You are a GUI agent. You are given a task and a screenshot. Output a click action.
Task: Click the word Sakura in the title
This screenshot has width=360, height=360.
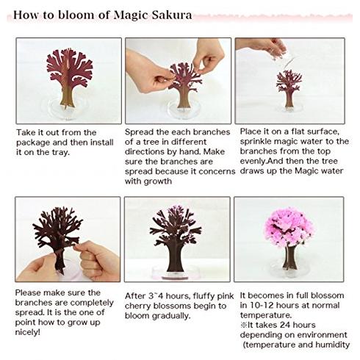(x=172, y=15)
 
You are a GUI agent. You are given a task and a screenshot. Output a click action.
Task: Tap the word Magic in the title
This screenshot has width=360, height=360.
(x=131, y=15)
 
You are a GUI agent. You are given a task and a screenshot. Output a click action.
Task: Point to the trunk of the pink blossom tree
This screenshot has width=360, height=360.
(x=289, y=257)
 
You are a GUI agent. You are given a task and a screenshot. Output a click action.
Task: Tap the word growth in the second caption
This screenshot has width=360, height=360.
(x=158, y=181)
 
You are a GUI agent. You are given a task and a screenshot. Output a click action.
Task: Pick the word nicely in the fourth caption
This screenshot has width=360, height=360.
(x=27, y=332)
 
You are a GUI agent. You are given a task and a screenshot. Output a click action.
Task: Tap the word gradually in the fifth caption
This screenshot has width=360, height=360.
(x=171, y=316)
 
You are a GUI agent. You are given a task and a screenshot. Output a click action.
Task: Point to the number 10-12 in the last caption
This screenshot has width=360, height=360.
(x=262, y=306)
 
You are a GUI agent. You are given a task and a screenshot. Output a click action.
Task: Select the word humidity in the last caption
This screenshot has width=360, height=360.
(x=332, y=345)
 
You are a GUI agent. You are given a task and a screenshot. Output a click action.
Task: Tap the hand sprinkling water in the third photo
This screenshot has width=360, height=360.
(x=262, y=46)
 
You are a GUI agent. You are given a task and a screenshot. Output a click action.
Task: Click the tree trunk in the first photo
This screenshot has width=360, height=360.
(x=67, y=96)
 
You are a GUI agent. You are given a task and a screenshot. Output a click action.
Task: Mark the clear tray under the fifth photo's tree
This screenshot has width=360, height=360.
(x=177, y=273)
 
